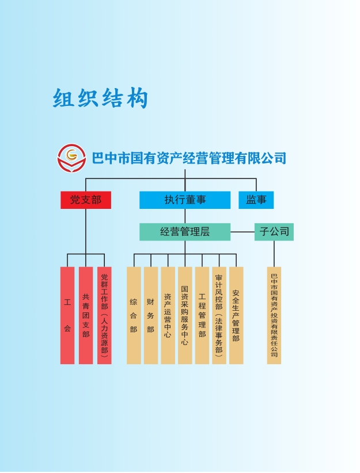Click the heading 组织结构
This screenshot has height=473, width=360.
pyautogui.click(x=101, y=98)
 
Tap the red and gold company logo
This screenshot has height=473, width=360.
pyautogui.click(x=71, y=157)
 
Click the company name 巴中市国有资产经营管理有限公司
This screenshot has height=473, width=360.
pyautogui.click(x=189, y=158)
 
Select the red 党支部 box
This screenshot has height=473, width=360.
pyautogui.click(x=85, y=200)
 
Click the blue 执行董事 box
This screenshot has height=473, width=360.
pyautogui.click(x=184, y=200)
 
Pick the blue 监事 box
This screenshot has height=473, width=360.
pyautogui.click(x=256, y=200)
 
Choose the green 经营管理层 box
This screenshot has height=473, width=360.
pyautogui.click(x=184, y=232)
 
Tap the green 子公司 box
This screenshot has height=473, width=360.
pyautogui.click(x=274, y=232)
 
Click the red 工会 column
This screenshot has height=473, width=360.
pyautogui.click(x=67, y=315)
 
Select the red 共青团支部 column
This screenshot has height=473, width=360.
pyautogui.click(x=86, y=315)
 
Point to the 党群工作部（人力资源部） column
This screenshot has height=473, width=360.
pyautogui.click(x=104, y=315)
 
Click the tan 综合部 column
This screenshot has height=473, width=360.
pyautogui.click(x=134, y=315)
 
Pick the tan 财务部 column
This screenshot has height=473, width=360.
pyautogui.click(x=150, y=315)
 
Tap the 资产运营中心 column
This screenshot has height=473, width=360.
pyautogui.click(x=168, y=315)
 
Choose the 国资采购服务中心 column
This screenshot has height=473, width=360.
pyautogui.click(x=185, y=315)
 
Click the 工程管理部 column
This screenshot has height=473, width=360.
pyautogui.click(x=202, y=315)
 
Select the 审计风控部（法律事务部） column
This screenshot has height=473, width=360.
pyautogui.click(x=219, y=315)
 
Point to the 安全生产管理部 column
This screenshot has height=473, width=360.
pyautogui.click(x=236, y=315)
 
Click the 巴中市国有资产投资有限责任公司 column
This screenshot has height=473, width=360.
pyautogui.click(x=274, y=315)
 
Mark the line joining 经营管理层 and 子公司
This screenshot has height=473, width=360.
pyautogui.click(x=242, y=232)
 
